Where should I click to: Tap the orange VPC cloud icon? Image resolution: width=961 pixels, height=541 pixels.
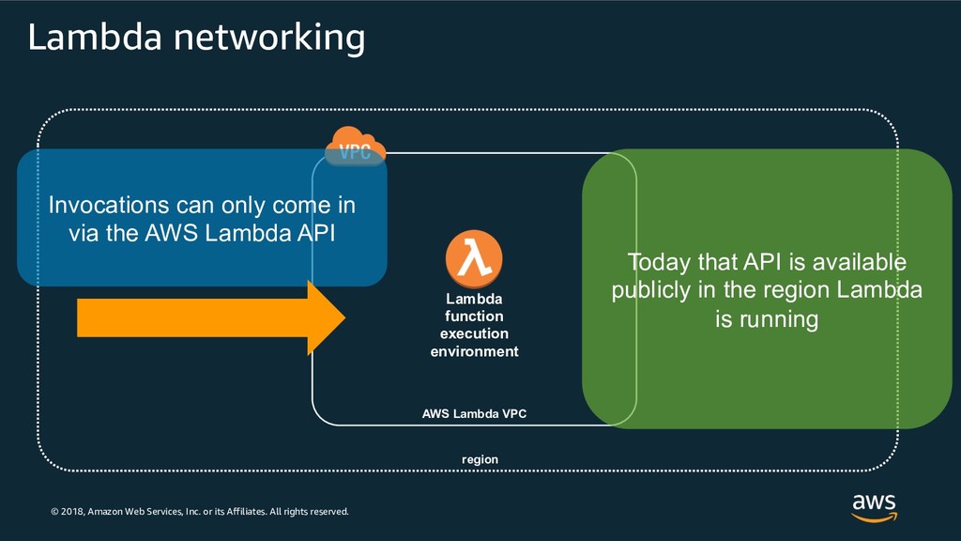(x=355, y=147)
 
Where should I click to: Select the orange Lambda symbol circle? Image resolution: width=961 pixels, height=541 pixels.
(x=474, y=259)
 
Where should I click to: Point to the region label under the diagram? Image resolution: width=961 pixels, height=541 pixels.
(x=480, y=459)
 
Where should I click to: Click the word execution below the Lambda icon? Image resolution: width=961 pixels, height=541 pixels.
(x=474, y=333)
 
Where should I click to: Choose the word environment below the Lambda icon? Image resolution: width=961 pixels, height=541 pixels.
(x=474, y=351)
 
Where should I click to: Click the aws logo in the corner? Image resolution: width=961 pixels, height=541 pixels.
(x=874, y=506)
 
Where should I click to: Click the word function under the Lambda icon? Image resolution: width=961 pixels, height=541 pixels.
(x=474, y=317)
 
